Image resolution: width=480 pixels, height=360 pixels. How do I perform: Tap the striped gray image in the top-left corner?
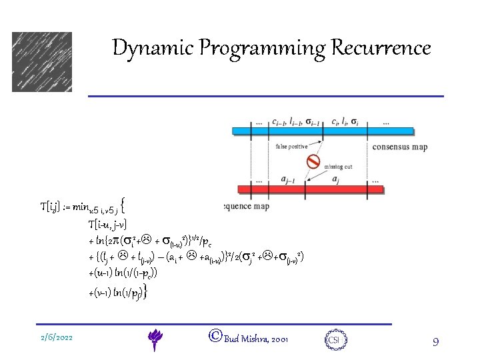[x=41, y=62]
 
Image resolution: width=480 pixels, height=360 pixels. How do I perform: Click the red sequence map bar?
[x=307, y=189]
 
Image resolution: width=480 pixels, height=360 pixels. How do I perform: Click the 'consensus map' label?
[x=399, y=147]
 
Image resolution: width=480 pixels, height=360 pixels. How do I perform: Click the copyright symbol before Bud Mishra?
[x=215, y=337]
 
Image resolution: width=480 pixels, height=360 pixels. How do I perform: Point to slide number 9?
[x=435, y=342]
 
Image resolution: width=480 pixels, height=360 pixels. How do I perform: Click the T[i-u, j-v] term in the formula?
[x=107, y=223]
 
